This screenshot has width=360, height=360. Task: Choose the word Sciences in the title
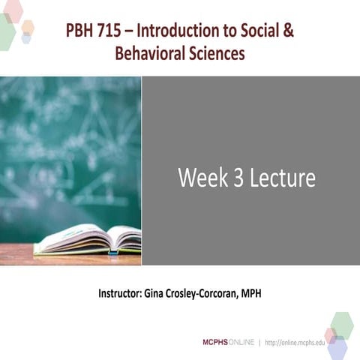point(217,54)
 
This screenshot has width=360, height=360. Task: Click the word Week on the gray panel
point(201,178)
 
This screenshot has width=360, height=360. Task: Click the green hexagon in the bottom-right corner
point(342,324)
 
